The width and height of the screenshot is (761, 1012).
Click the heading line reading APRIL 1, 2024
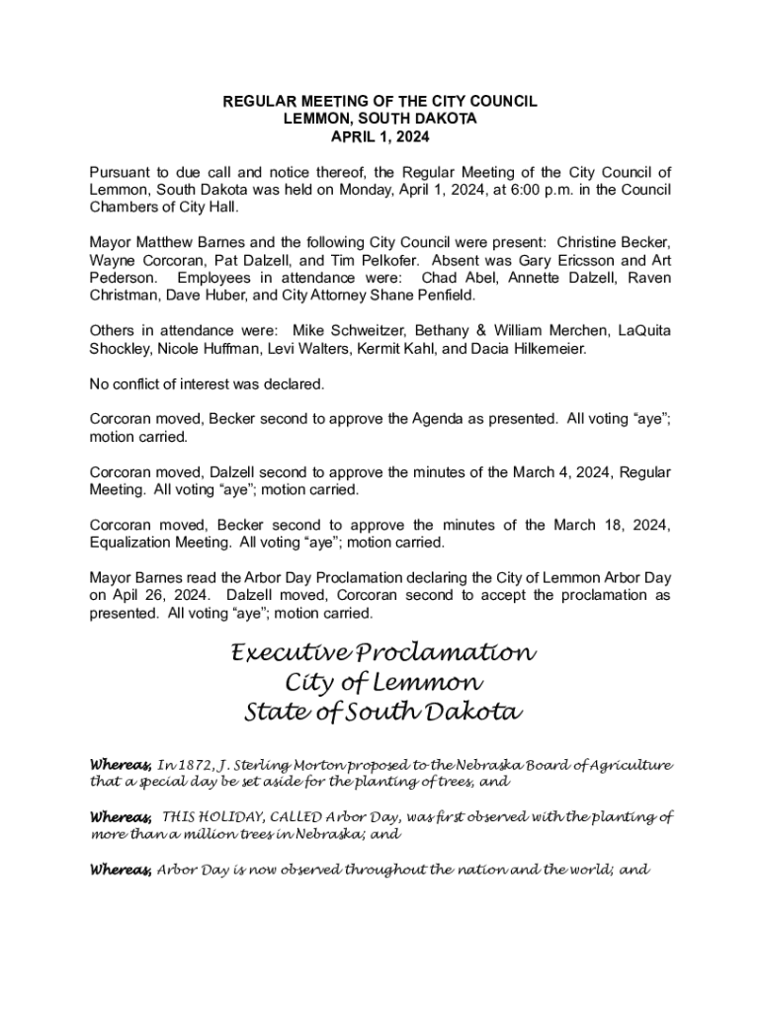tap(380, 135)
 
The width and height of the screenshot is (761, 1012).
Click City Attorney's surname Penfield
tap(446, 295)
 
